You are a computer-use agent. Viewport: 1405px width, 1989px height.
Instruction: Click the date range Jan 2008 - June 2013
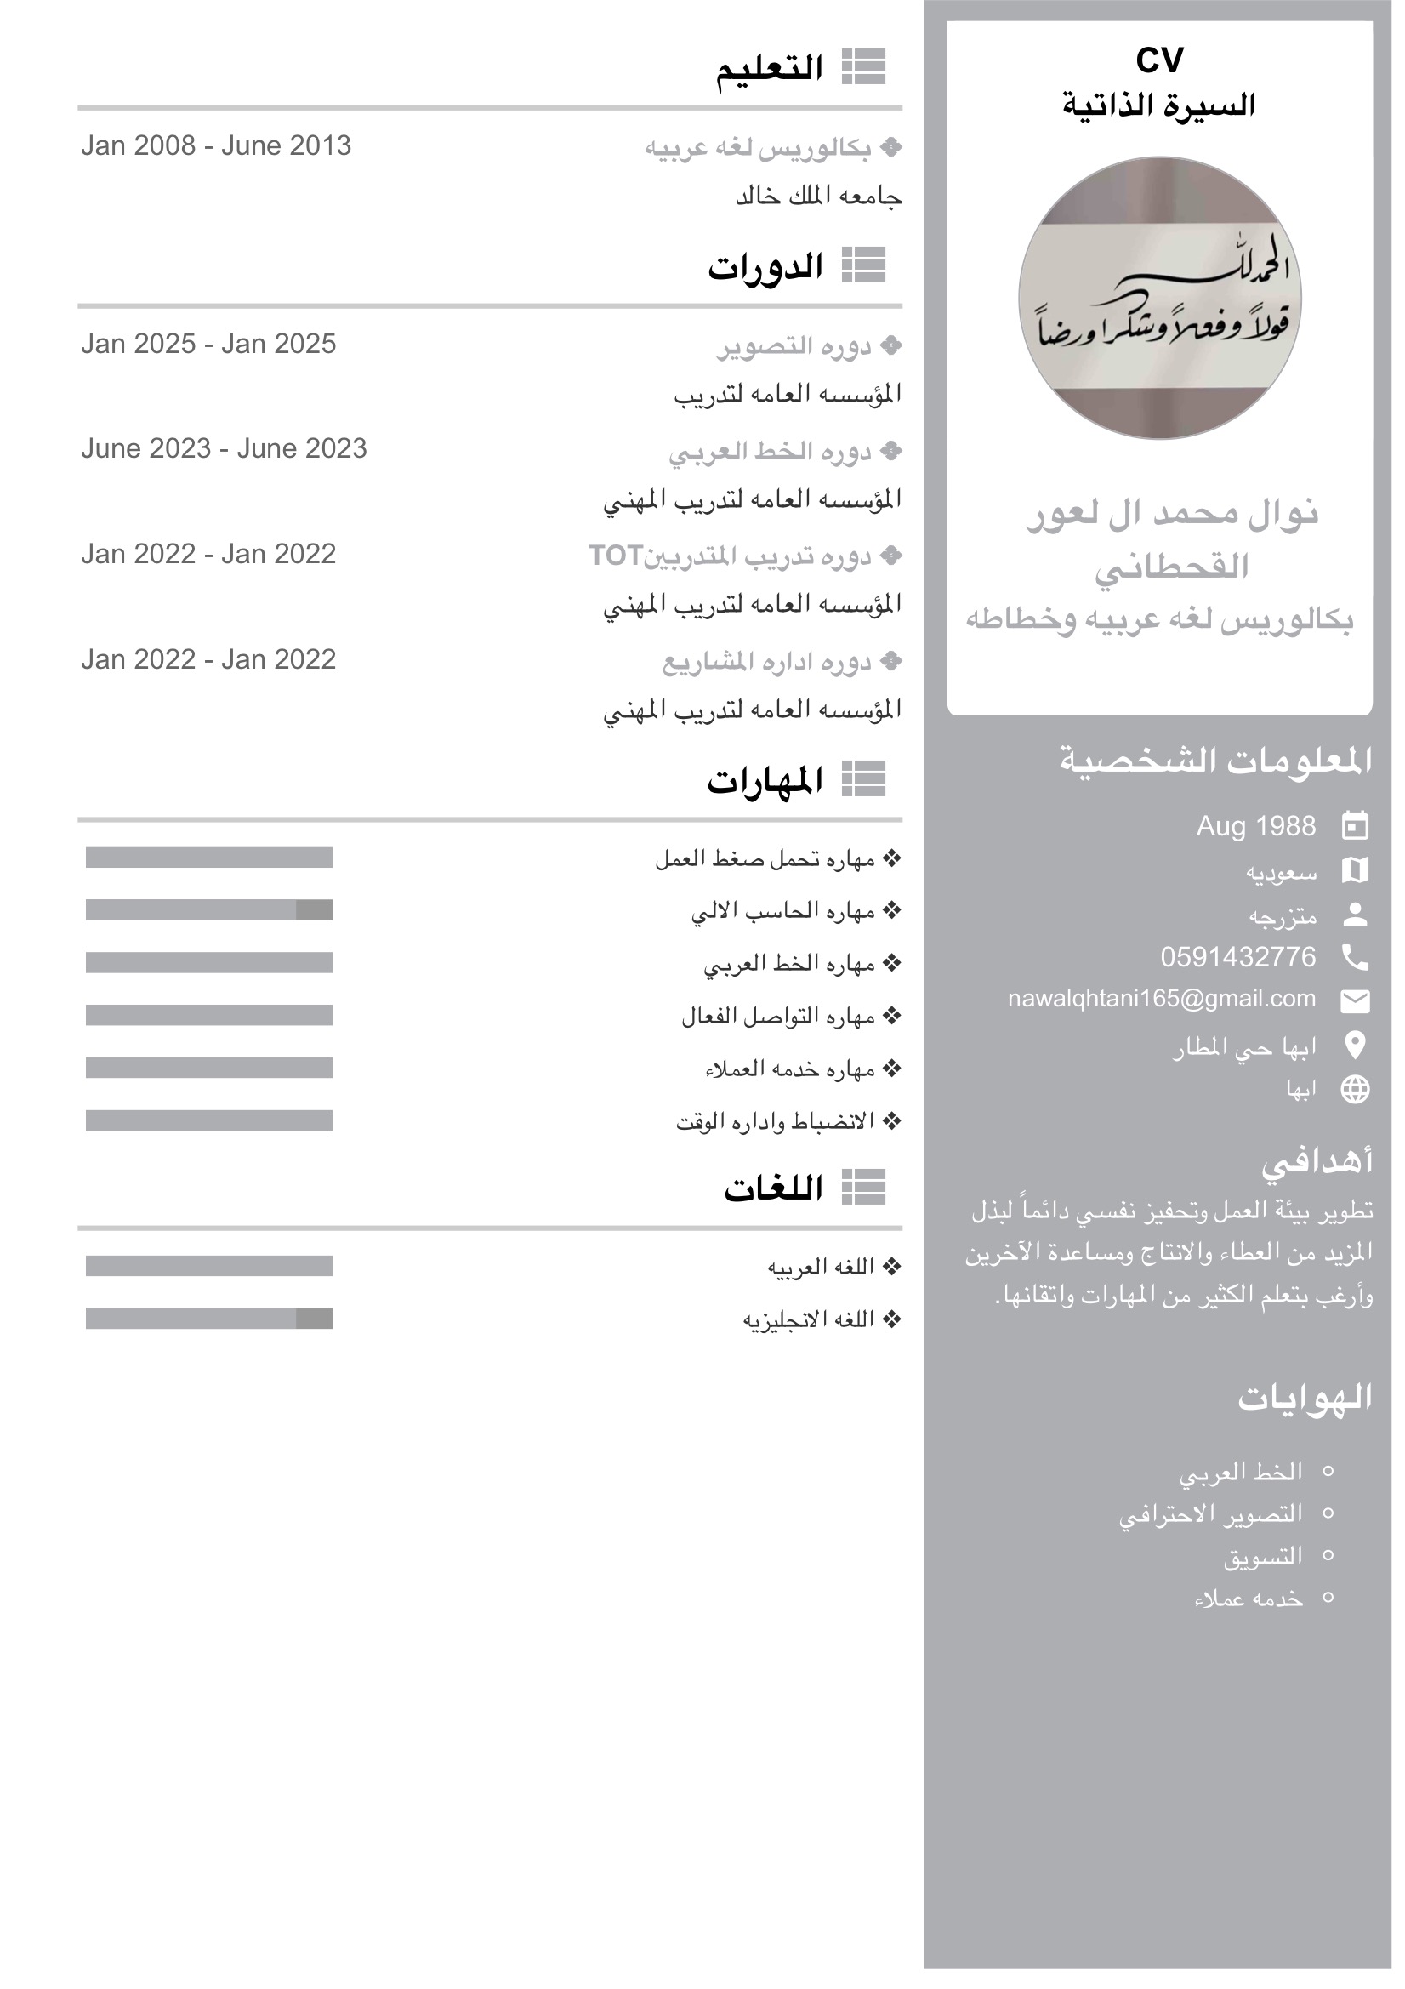click(216, 145)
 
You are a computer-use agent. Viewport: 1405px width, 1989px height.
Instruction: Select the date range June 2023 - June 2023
click(224, 448)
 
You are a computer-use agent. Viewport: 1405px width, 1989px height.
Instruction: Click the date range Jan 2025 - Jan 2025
click(208, 344)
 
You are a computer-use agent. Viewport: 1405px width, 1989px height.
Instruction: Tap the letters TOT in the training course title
click(615, 556)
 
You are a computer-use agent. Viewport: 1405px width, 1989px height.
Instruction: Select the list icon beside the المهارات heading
click(863, 778)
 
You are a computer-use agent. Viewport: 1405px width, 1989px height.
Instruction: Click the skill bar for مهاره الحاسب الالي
click(208, 909)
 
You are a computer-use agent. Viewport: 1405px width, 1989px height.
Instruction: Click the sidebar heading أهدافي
click(1317, 1161)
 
